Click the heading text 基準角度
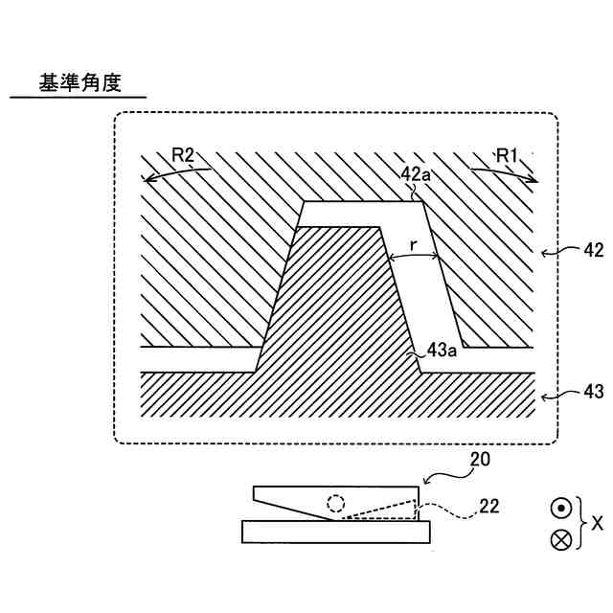[x=79, y=83]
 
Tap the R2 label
[x=184, y=153]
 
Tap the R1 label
[x=506, y=153]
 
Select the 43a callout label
[x=442, y=352]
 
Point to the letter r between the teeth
[x=413, y=245]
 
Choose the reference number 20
[x=480, y=460]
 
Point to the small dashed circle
[x=336, y=503]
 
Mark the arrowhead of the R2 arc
[x=144, y=178]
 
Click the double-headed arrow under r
[x=413, y=257]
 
